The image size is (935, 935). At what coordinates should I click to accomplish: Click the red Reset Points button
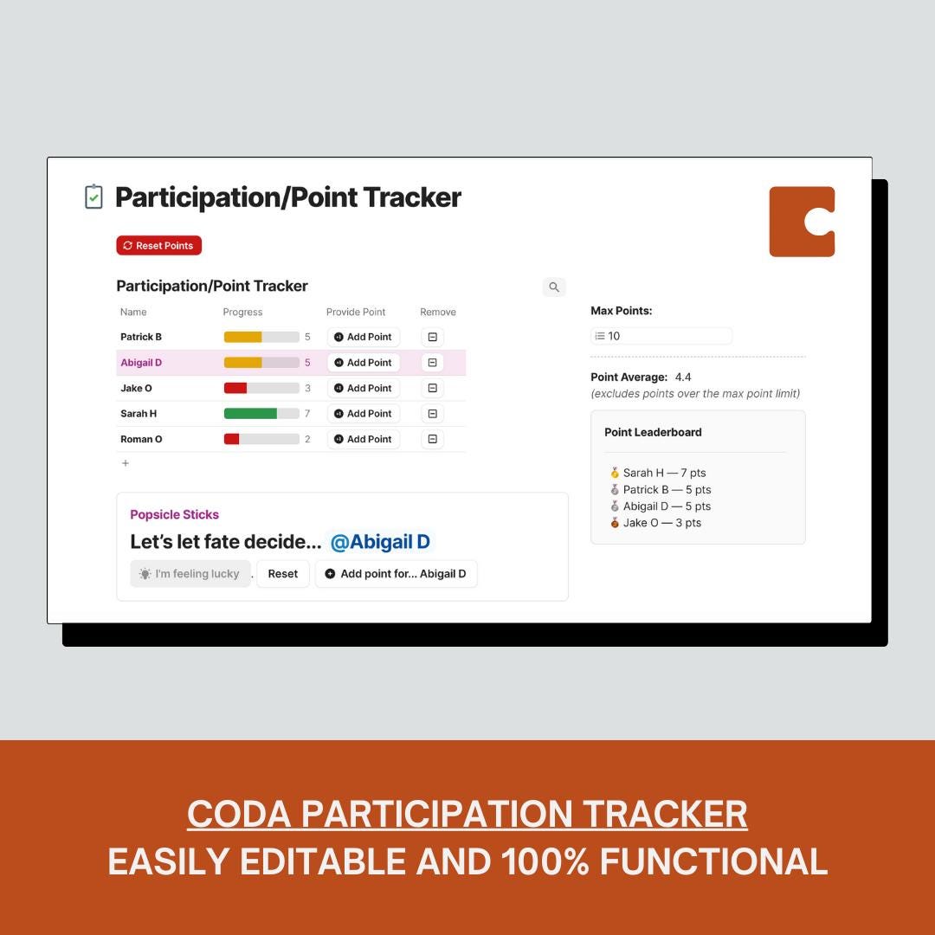point(159,246)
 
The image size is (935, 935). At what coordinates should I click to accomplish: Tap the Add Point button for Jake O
point(364,388)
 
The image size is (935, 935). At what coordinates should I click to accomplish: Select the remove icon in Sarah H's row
point(432,414)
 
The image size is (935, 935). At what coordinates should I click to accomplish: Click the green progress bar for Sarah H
point(250,414)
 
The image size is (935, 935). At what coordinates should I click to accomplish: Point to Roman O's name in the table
point(141,439)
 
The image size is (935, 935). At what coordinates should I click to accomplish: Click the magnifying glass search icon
point(554,287)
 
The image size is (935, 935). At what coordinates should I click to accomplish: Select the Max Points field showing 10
point(661,336)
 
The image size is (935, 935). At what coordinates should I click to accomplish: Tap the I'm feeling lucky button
point(190,574)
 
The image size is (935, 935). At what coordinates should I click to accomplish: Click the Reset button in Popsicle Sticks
point(283,574)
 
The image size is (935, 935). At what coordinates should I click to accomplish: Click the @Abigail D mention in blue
point(380,543)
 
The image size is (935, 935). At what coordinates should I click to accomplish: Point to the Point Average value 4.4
point(683,377)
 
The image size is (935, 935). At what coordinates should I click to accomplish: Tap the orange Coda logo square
point(802,222)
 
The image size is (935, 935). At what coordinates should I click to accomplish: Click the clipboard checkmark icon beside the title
point(93,197)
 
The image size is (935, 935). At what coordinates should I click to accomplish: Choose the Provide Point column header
point(356,313)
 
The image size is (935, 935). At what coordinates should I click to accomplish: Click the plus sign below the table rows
point(126,463)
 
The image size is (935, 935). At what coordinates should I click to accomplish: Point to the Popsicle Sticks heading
point(174,514)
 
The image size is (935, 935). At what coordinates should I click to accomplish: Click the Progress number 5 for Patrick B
point(307,337)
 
